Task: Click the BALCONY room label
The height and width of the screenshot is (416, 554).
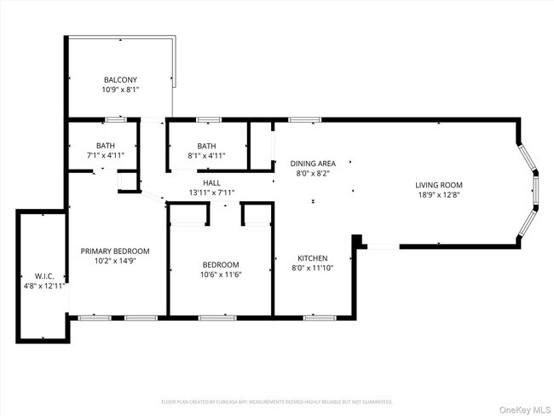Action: click(x=120, y=79)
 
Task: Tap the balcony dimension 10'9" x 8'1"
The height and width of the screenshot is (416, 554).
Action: click(x=120, y=89)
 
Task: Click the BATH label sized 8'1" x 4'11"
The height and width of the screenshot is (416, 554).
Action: click(x=207, y=146)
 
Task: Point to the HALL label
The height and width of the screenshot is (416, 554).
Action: click(x=212, y=182)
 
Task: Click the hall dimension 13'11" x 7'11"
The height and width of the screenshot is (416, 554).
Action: click(x=212, y=192)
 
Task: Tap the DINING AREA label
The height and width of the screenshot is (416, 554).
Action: click(x=312, y=163)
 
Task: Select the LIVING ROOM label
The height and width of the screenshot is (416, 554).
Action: click(x=438, y=185)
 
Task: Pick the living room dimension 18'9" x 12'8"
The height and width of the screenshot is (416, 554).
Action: click(x=438, y=194)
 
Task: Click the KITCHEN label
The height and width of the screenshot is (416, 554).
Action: click(x=312, y=258)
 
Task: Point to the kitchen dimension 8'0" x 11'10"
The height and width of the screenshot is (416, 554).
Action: click(x=312, y=268)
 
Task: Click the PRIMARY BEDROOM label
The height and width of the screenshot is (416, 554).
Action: click(x=115, y=251)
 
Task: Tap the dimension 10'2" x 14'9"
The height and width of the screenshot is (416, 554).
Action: click(x=115, y=261)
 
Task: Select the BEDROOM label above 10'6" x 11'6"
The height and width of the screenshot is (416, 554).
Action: click(x=220, y=264)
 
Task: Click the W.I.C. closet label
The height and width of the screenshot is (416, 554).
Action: click(x=44, y=275)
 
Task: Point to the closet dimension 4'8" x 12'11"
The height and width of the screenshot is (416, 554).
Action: click(x=44, y=285)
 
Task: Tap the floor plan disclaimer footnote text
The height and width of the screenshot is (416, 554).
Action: click(x=277, y=401)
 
